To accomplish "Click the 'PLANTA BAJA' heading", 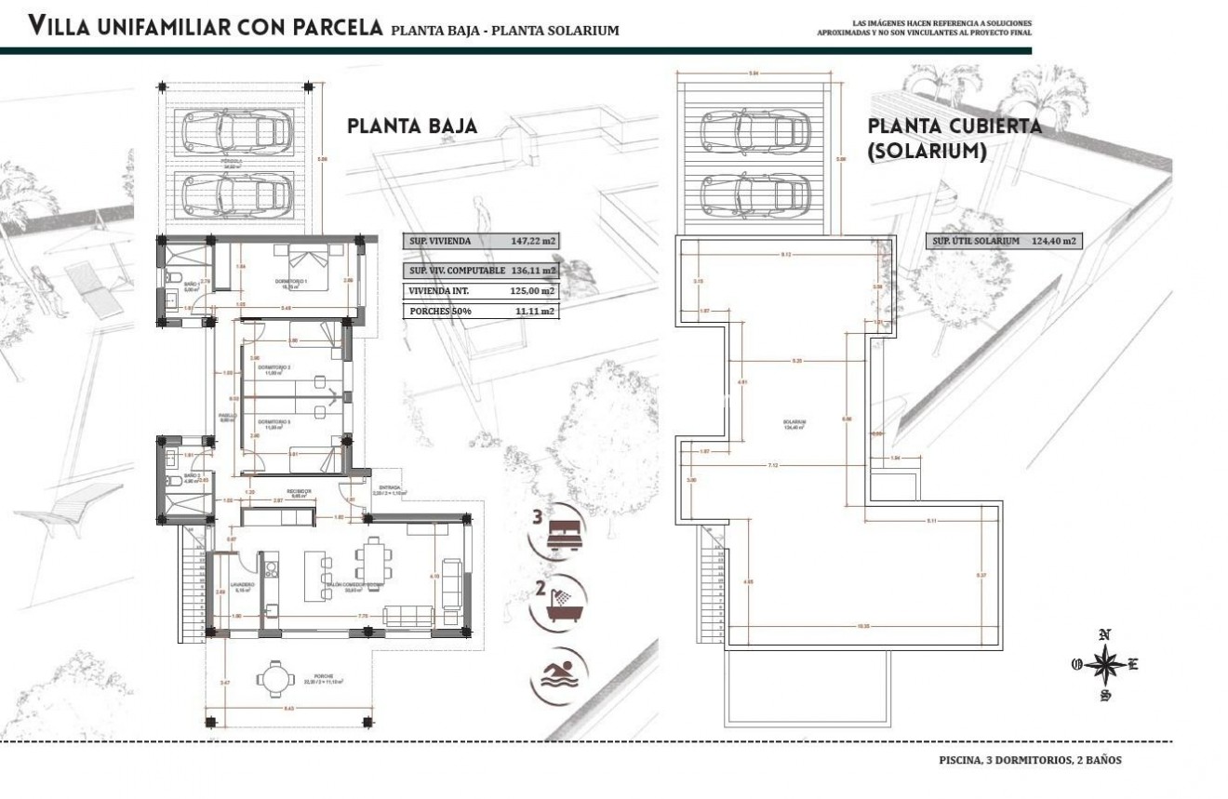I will pos(412,127).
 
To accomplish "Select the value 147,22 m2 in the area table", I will pos(533,241).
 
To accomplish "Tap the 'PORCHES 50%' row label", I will pos(437,312).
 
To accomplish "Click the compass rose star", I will pos(1104,665).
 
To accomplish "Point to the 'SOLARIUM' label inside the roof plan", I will pos(794,422).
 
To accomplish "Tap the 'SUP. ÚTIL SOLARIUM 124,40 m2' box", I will pos(1005,241).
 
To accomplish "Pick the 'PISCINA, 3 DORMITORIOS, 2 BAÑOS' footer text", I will pos(1030,760).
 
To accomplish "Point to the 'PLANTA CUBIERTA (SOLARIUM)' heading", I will pos(954,139).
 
